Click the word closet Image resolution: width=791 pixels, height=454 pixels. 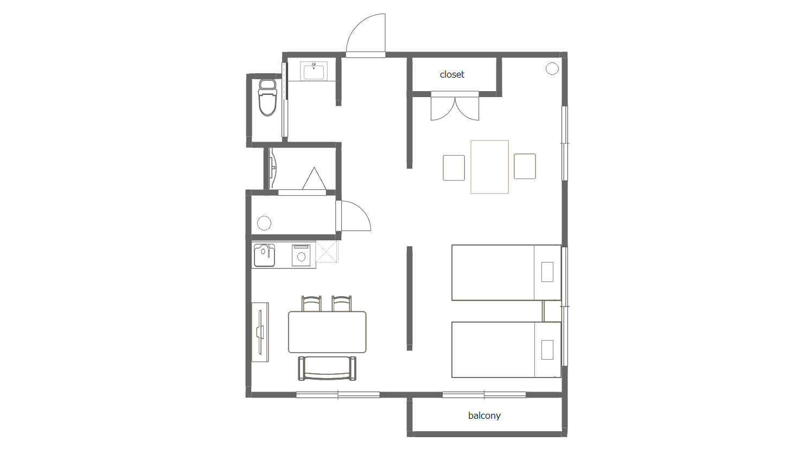click(x=451, y=74)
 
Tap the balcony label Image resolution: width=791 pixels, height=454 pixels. click(x=484, y=415)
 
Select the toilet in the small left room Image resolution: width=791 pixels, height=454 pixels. click(x=267, y=98)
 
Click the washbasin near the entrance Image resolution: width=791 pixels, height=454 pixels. click(x=314, y=71)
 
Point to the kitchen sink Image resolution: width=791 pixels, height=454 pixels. click(x=265, y=255)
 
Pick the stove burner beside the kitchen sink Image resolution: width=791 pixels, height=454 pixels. click(x=301, y=255)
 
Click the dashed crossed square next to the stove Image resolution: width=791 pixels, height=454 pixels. click(x=327, y=252)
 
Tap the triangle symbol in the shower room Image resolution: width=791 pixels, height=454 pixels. click(x=314, y=178)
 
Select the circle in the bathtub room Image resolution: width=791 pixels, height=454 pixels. click(x=264, y=223)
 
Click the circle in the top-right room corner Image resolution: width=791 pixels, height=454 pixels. click(x=552, y=68)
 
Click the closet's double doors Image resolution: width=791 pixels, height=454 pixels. click(x=455, y=106)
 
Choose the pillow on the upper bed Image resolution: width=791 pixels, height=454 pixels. click(x=547, y=272)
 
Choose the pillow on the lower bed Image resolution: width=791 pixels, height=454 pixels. click(x=547, y=349)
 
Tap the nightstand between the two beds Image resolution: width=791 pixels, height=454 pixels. click(x=552, y=311)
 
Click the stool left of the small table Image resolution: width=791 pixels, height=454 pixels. click(x=454, y=168)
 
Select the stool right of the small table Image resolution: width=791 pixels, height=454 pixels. click(x=525, y=167)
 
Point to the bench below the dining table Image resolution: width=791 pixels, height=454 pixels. click(x=327, y=368)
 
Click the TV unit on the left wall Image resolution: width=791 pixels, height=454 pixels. click(x=260, y=332)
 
